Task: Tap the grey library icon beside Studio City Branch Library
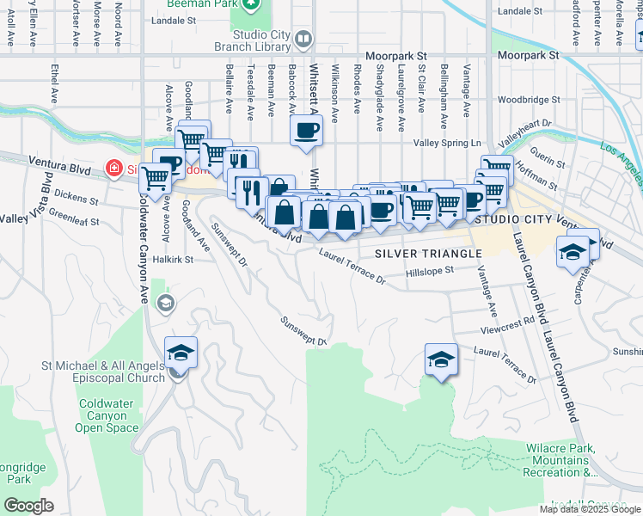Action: (305, 40)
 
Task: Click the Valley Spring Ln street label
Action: (448, 143)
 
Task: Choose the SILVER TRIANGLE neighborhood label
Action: (428, 254)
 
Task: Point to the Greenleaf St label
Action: (74, 217)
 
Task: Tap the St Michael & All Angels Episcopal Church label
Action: (103, 372)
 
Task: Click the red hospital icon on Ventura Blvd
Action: (113, 169)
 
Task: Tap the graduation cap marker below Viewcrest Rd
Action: (441, 359)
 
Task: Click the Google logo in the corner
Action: (28, 506)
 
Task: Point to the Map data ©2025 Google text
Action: (591, 509)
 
